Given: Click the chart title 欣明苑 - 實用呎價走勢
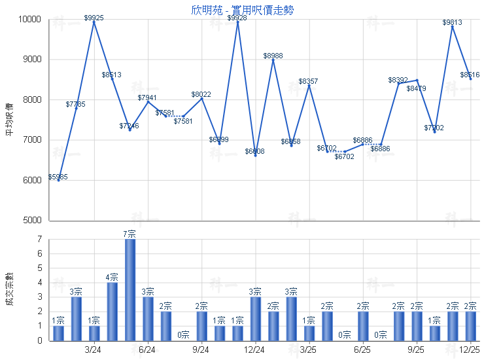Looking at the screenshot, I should click(241, 10).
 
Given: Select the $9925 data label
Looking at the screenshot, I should click(94, 18).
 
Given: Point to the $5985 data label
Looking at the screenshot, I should click(58, 177).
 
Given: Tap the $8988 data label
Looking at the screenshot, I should click(273, 56).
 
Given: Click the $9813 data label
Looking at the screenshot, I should click(452, 22).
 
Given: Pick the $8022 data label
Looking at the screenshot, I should click(201, 95).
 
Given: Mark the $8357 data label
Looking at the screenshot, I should click(309, 81).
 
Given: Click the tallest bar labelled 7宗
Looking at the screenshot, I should click(130, 289).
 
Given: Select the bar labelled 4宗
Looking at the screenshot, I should click(112, 312).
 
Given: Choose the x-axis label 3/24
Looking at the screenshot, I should click(94, 350).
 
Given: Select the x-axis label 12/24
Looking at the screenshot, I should click(254, 350).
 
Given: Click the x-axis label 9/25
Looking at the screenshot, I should click(417, 350).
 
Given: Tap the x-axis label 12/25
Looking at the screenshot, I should click(470, 350).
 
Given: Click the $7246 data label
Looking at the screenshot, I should click(130, 126).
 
